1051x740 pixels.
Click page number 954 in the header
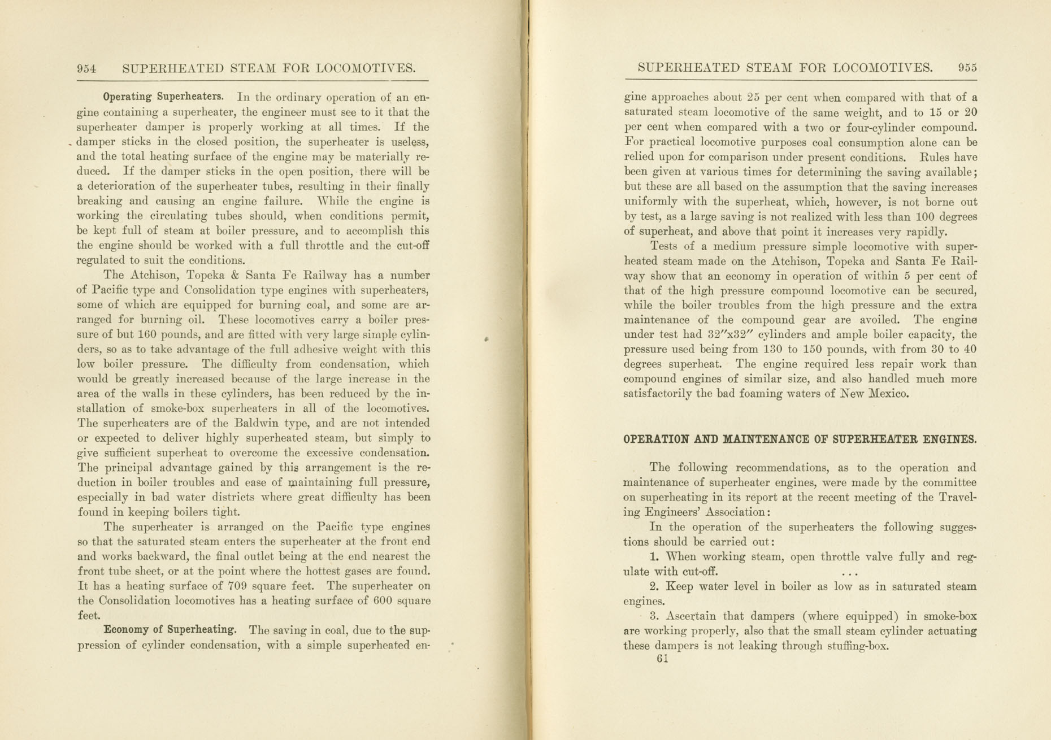tap(86, 69)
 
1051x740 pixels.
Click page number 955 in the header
tap(967, 68)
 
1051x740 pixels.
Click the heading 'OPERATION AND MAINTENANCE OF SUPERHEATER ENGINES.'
tap(800, 439)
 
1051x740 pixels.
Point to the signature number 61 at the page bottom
tap(663, 659)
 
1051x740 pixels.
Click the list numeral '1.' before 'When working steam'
tap(654, 557)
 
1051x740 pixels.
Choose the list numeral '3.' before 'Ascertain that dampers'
tap(654, 616)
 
